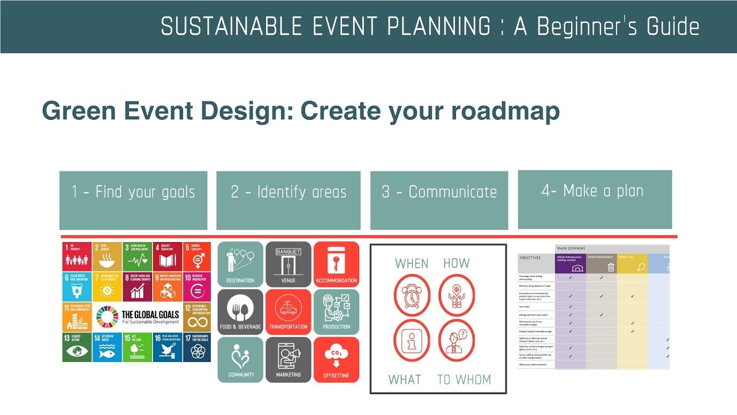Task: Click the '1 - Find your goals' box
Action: pyautogui.click(x=133, y=200)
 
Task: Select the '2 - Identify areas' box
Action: pyautogui.click(x=288, y=200)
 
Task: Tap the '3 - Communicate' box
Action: pyautogui.click(x=439, y=200)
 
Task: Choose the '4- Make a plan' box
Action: pyautogui.click(x=595, y=199)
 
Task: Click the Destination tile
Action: pyautogui.click(x=240, y=264)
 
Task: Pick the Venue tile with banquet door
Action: pyautogui.click(x=288, y=264)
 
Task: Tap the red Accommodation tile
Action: pyautogui.click(x=336, y=264)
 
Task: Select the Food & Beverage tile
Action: pyautogui.click(x=240, y=312)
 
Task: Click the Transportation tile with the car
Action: pyautogui.click(x=288, y=312)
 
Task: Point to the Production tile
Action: pyautogui.click(x=336, y=312)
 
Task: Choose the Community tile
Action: pyautogui.click(x=240, y=360)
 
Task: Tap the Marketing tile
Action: pyautogui.click(x=288, y=360)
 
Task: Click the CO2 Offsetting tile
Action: pyautogui.click(x=336, y=360)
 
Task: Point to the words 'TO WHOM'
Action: pyautogui.click(x=464, y=380)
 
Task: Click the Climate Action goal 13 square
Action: pyautogui.click(x=77, y=347)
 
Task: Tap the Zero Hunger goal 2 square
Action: pyautogui.click(x=107, y=256)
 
